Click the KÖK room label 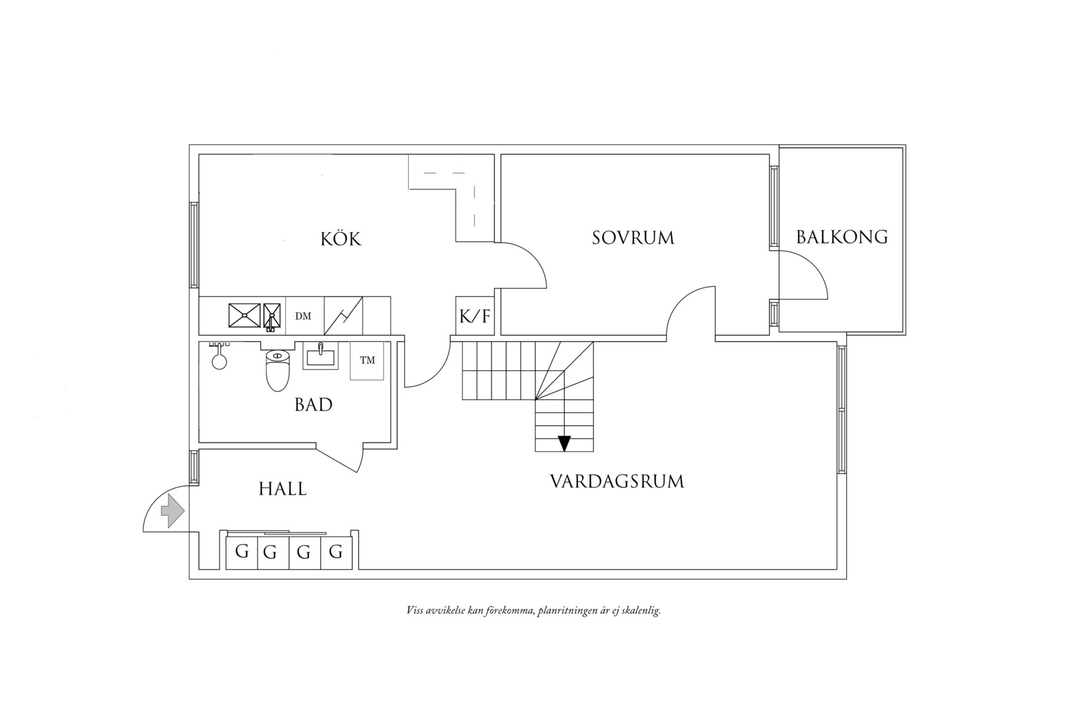(341, 239)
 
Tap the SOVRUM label (633, 238)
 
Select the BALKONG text (841, 237)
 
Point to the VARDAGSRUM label (617, 482)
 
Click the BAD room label (314, 405)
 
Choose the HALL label (282, 489)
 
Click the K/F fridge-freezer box (474, 316)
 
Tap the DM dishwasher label (303, 316)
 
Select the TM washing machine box (367, 360)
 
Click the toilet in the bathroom (277, 371)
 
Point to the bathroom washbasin (321, 356)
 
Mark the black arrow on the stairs (564, 443)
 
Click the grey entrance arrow (172, 511)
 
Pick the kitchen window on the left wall (194, 245)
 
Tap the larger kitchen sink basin (245, 316)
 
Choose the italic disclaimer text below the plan (533, 611)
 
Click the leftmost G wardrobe (242, 551)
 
